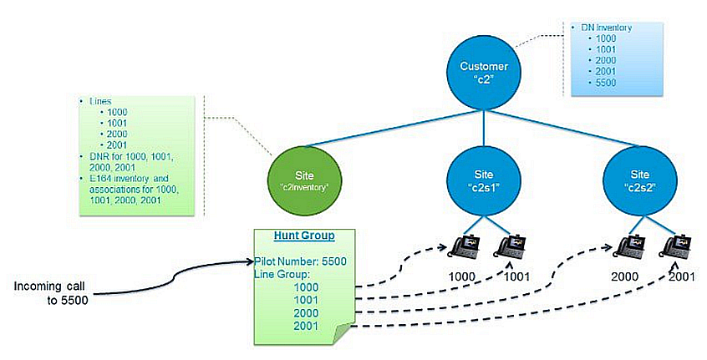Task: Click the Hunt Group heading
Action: (x=304, y=237)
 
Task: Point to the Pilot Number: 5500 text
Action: (x=302, y=261)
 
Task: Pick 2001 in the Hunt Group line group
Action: (x=307, y=324)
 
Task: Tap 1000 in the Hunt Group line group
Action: (x=307, y=286)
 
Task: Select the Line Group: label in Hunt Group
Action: (x=282, y=273)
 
